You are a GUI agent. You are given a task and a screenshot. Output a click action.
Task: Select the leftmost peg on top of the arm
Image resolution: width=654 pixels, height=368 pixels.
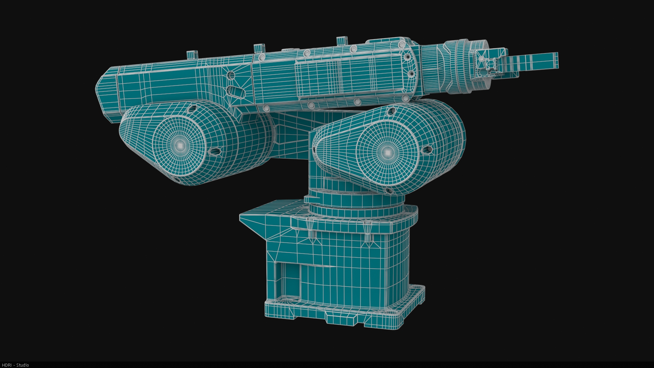click(192, 54)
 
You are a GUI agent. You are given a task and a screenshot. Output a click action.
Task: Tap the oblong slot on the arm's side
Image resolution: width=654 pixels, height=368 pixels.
click(235, 91)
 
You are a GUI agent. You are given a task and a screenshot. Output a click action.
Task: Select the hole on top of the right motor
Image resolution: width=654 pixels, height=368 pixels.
click(391, 110)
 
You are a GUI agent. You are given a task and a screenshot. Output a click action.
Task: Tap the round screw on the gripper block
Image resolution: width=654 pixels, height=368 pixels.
click(481, 59)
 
